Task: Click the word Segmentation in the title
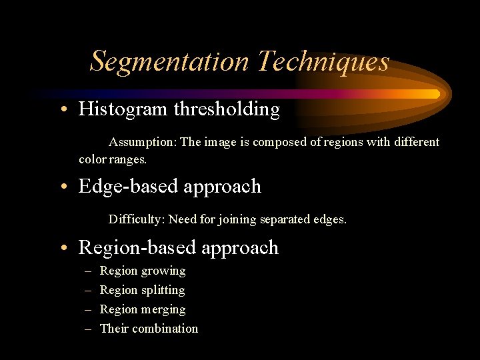click(x=169, y=61)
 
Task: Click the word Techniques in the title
click(x=323, y=61)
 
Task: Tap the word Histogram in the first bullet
click(x=123, y=109)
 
